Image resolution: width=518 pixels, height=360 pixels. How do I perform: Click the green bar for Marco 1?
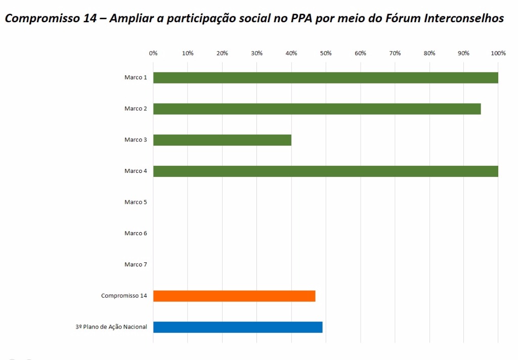(325, 77)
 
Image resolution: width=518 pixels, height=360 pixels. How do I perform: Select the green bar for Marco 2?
(317, 109)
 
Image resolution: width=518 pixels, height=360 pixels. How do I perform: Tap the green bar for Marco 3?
(222, 140)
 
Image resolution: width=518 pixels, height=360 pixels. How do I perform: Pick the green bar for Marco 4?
(325, 171)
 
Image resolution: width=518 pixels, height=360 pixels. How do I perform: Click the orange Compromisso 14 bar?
(234, 296)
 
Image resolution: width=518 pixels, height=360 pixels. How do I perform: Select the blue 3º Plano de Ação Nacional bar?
(238, 327)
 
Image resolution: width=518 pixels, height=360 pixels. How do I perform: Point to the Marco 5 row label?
(136, 202)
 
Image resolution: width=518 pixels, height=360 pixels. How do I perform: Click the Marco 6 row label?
(136, 234)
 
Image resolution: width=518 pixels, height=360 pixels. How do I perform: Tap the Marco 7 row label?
(136, 264)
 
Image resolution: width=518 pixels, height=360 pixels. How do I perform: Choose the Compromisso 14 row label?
(124, 296)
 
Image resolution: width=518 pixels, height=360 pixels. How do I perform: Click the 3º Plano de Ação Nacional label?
(111, 327)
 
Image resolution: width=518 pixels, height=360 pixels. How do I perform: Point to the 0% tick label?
(153, 53)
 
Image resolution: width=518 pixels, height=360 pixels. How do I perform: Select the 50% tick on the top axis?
(326, 53)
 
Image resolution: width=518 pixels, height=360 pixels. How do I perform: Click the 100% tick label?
(498, 53)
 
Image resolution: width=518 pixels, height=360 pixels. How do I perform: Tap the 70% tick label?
(395, 53)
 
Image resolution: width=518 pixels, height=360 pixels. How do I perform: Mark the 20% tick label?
(222, 53)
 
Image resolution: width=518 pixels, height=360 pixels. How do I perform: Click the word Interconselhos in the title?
(460, 19)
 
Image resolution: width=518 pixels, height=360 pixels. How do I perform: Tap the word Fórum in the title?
(394, 19)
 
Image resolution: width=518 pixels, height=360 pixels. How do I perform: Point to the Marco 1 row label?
(136, 77)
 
